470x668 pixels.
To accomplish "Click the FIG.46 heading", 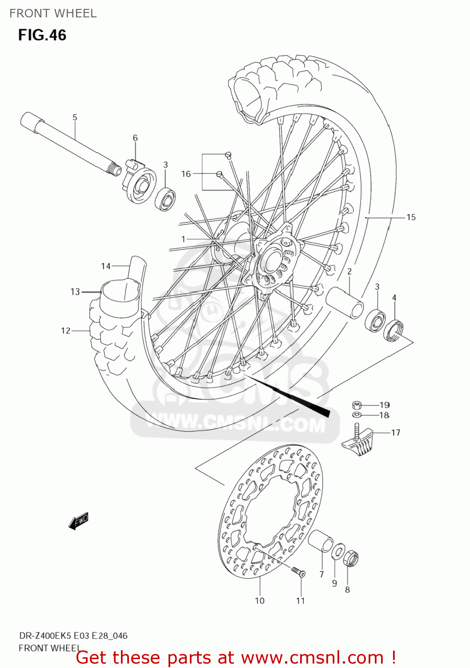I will pyautogui.click(x=42, y=35).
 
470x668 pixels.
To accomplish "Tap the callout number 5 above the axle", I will pyautogui.click(x=75, y=118).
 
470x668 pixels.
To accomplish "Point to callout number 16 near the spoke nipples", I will pyautogui.click(x=186, y=174).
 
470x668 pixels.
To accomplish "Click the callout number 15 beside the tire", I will pyautogui.click(x=411, y=217).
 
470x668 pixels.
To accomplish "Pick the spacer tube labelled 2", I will pyautogui.click(x=345, y=303).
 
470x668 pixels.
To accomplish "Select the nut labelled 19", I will pyautogui.click(x=357, y=405).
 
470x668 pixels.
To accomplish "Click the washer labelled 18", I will pyautogui.click(x=357, y=415).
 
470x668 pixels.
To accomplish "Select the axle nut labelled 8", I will pyautogui.click(x=351, y=558).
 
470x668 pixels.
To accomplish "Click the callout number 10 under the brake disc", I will pyautogui.click(x=260, y=601).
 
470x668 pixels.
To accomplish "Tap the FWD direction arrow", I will pyautogui.click(x=79, y=521).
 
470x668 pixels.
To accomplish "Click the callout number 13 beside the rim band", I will pyautogui.click(x=75, y=292).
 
